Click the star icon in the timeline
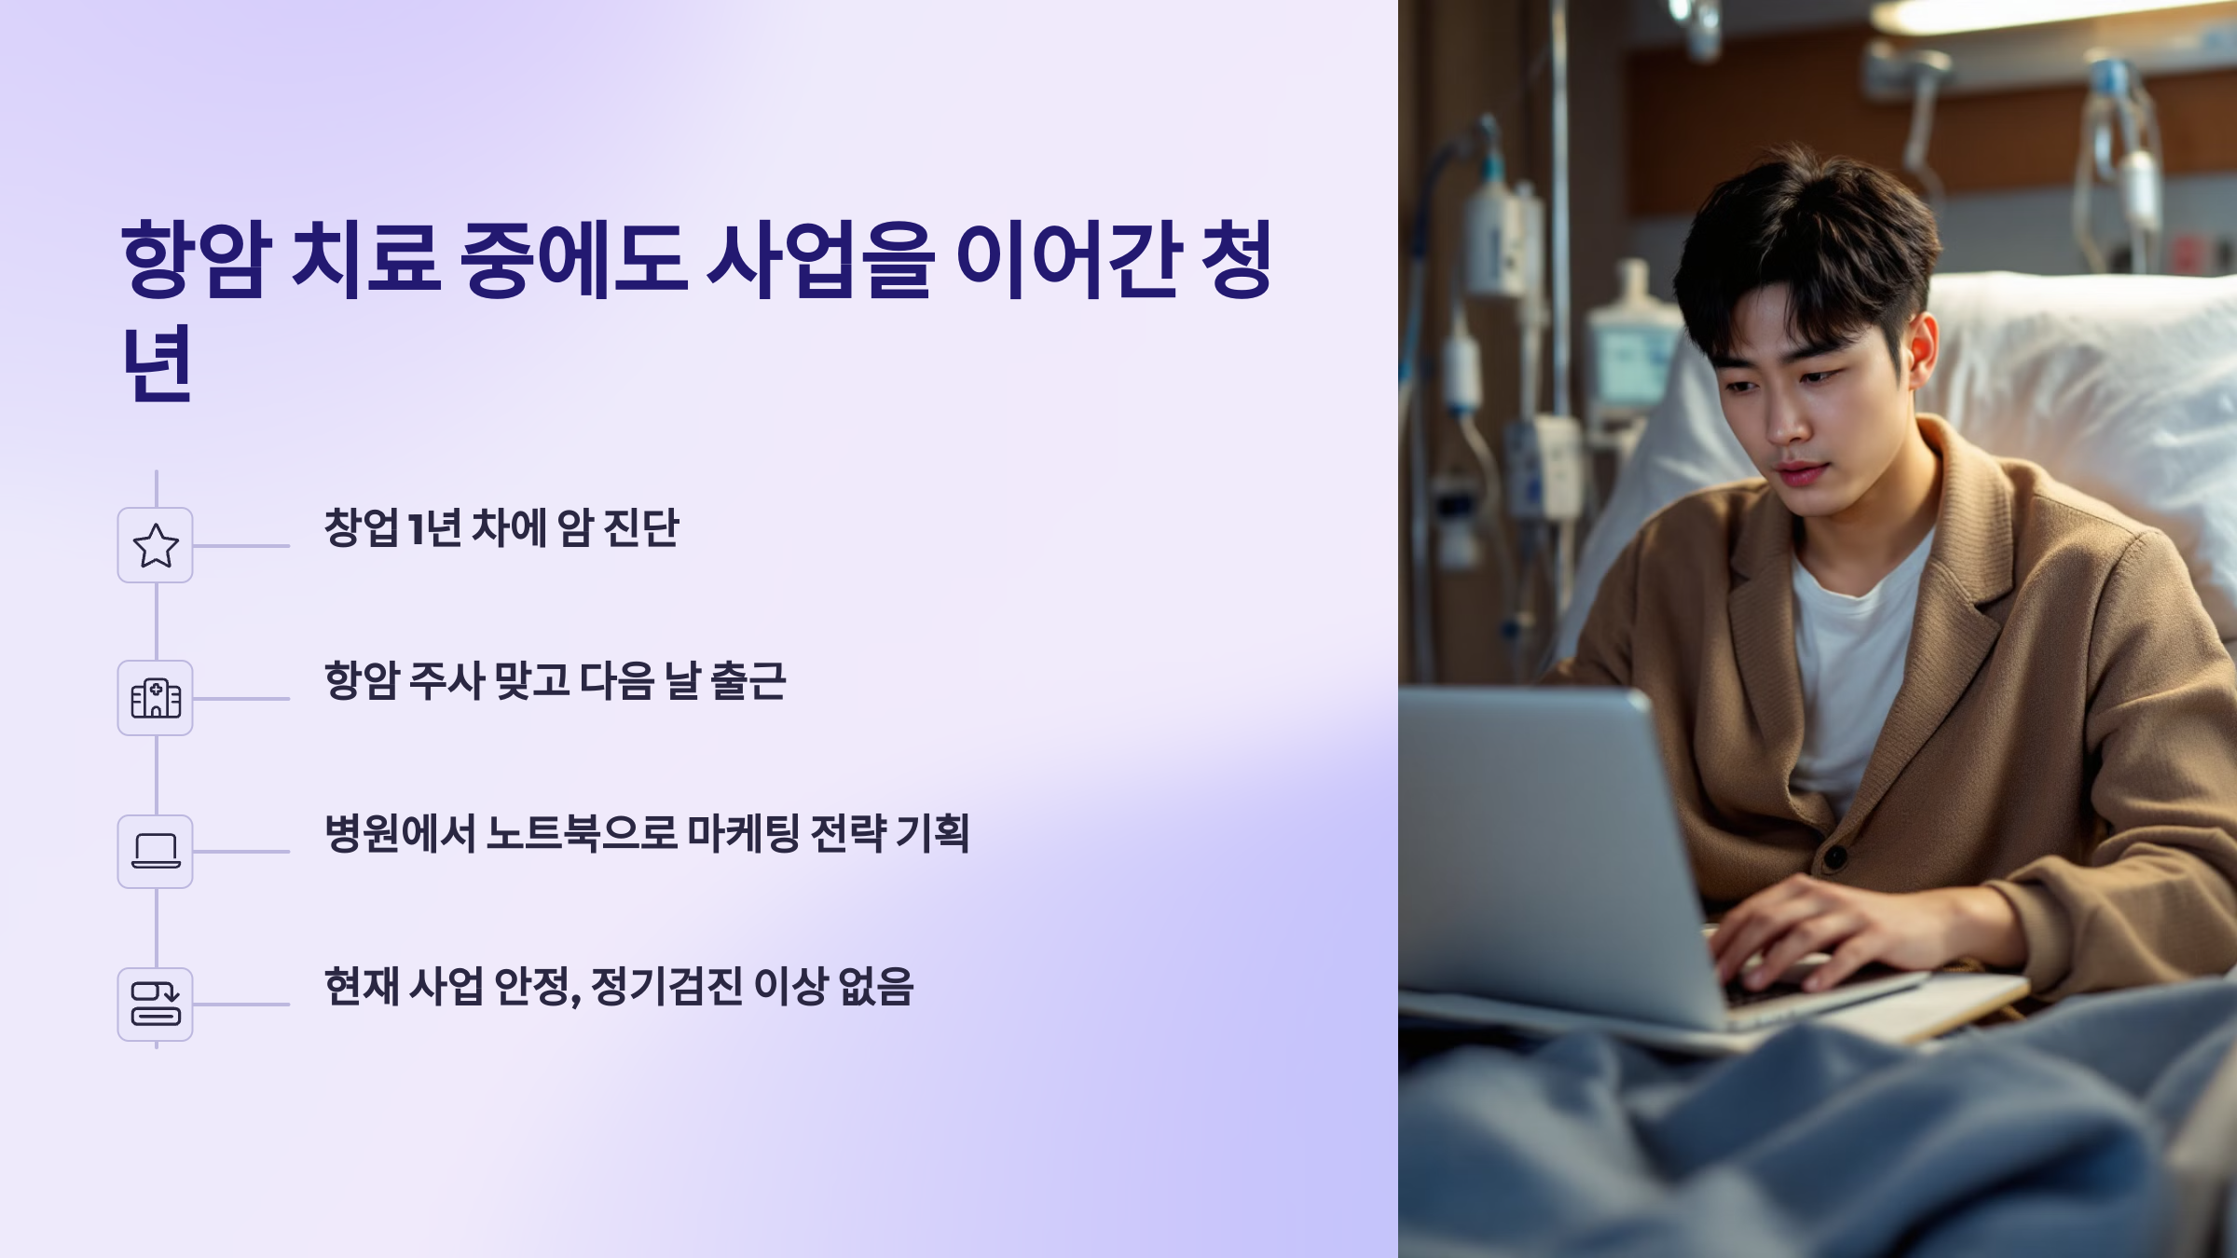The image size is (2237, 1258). [x=156, y=546]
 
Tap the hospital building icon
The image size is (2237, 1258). [x=156, y=699]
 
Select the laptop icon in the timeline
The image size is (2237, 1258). [x=156, y=852]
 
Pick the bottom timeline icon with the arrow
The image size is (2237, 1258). [x=156, y=1005]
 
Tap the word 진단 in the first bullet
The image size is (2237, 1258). [x=641, y=528]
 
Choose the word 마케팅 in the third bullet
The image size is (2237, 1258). [x=743, y=834]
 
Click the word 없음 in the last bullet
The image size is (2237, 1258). [x=875, y=987]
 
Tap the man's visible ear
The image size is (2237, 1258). [x=1923, y=349]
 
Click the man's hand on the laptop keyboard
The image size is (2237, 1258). [x=1799, y=932]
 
